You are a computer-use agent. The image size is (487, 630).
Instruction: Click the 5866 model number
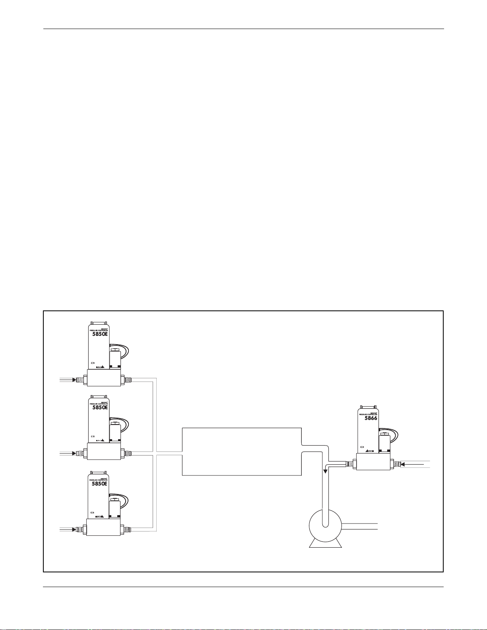click(371, 418)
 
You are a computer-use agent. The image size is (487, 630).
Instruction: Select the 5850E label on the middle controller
click(100, 407)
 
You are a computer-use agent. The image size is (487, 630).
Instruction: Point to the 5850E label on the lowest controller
click(100, 484)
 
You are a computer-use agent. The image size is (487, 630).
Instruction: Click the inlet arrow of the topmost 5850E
click(74, 380)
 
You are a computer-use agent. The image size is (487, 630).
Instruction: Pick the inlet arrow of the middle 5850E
click(74, 453)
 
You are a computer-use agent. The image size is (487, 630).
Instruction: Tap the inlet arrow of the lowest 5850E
click(74, 529)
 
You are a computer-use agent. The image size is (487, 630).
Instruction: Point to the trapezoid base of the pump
click(325, 543)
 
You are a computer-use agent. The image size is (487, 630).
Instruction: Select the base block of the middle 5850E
click(103, 452)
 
